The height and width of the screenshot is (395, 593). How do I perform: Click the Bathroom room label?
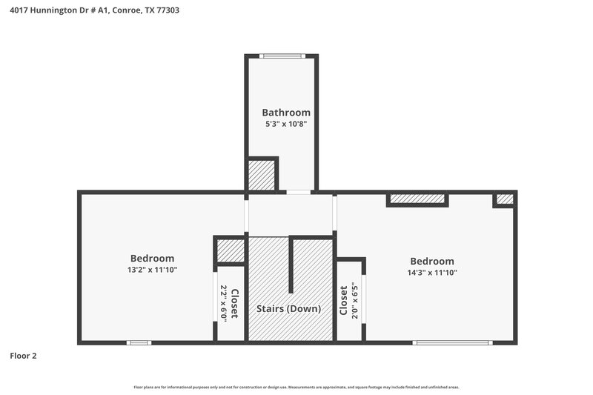pyautogui.click(x=285, y=113)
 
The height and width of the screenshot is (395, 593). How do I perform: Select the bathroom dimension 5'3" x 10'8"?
pyautogui.click(x=285, y=125)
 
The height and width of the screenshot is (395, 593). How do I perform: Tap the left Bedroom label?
pyautogui.click(x=152, y=258)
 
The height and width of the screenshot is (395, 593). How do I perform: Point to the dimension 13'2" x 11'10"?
pyautogui.click(x=152, y=270)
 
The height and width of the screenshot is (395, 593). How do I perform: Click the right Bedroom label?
pyautogui.click(x=431, y=261)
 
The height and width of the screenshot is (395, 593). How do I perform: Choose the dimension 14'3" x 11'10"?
pyautogui.click(x=431, y=273)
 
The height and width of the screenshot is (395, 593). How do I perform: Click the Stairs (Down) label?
pyautogui.click(x=288, y=308)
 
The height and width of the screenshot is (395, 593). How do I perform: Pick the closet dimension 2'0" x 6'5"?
pyautogui.click(x=355, y=303)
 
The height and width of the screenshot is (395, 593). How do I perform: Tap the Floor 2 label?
pyautogui.click(x=23, y=356)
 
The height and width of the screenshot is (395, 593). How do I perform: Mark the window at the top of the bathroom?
pyautogui.click(x=282, y=56)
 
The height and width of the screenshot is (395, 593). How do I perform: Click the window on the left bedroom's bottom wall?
pyautogui.click(x=139, y=342)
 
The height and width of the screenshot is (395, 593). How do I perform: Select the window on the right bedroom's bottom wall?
pyautogui.click(x=452, y=342)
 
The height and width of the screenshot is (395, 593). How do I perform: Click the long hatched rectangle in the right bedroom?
pyautogui.click(x=417, y=199)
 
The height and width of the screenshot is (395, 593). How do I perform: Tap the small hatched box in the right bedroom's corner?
pyautogui.click(x=504, y=199)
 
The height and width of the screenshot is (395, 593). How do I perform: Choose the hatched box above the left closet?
pyautogui.click(x=230, y=251)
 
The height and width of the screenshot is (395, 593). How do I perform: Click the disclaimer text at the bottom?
pyautogui.click(x=296, y=387)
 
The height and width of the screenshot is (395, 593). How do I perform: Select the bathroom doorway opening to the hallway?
pyautogui.click(x=298, y=192)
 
